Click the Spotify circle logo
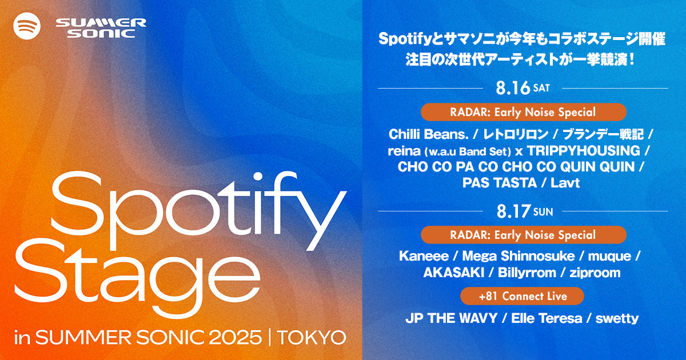pos(27,26)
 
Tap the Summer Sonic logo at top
pos(101,28)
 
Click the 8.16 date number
pos(513,88)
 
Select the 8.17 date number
pos(513,211)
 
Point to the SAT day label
pos(541,88)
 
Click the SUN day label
pos(543,212)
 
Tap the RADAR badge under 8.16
pos(524,112)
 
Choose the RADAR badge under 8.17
pos(524,235)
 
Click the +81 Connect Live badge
pos(522,296)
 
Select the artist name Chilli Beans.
pos(429,134)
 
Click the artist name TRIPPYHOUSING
pos(584,151)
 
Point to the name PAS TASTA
pos(500,183)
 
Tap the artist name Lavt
pos(565,183)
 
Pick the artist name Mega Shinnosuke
pos(518,256)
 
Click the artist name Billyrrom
pos(527,273)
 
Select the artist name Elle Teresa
pos(547,318)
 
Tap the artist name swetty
pos(617,319)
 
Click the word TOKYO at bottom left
pos(312,338)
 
